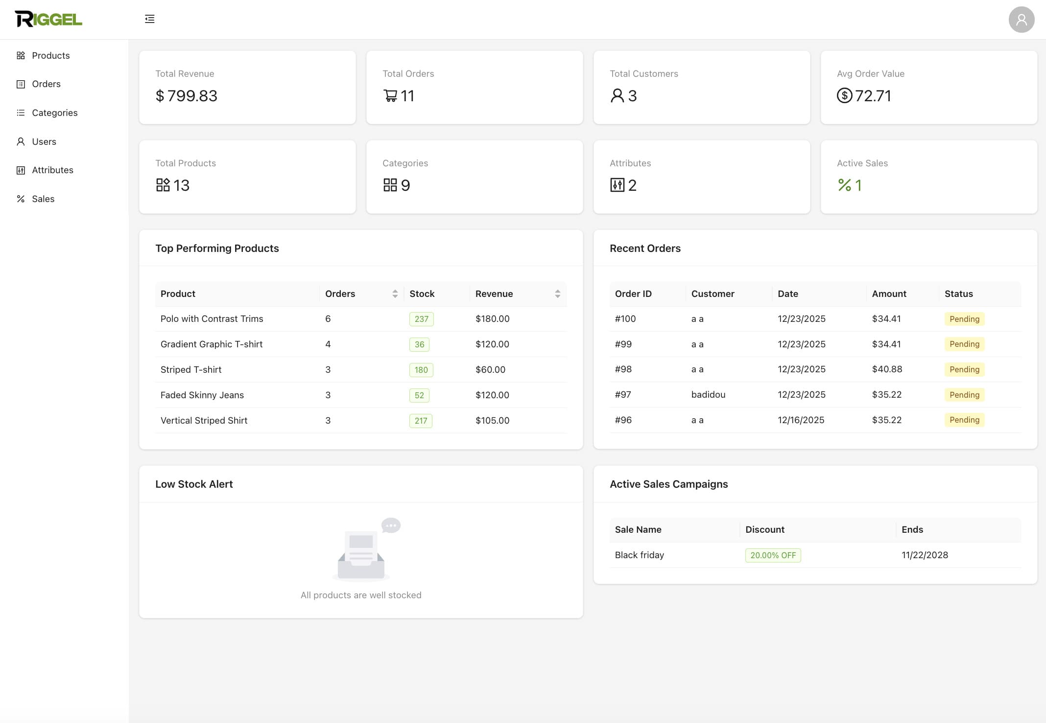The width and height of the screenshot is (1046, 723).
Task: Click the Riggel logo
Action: [48, 19]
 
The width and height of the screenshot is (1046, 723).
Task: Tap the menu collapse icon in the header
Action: [149, 19]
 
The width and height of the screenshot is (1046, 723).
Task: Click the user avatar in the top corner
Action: [1021, 20]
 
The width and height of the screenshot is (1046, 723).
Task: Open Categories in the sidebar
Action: [54, 113]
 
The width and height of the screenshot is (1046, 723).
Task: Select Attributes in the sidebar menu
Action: [52, 170]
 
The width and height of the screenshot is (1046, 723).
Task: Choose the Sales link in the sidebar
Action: [43, 199]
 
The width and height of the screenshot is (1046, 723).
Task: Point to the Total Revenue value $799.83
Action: [187, 96]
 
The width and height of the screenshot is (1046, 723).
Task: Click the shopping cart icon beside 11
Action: [390, 96]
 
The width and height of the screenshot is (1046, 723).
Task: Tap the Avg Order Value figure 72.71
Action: [873, 96]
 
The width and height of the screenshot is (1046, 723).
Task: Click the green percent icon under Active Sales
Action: [844, 185]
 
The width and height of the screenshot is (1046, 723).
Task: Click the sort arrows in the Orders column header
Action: [395, 294]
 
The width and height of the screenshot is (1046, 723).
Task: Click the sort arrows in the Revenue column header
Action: [557, 294]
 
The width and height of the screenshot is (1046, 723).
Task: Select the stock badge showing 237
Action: [421, 319]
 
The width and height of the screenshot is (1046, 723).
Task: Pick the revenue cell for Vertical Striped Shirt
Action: [492, 421]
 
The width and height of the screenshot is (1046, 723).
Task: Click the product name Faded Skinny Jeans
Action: [202, 395]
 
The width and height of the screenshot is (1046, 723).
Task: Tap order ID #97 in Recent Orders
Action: [623, 395]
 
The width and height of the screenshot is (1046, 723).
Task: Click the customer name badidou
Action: [708, 395]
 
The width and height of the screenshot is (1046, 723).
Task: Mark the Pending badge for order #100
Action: [964, 319]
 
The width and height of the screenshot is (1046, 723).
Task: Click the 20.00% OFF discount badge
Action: [773, 556]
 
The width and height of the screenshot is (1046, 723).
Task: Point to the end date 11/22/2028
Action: [925, 555]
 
